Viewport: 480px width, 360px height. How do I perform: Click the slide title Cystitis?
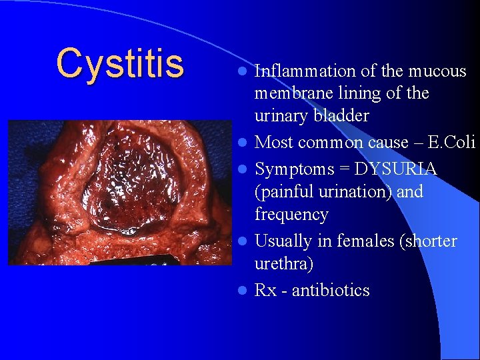point(120,63)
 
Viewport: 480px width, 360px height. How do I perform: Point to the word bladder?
point(341,116)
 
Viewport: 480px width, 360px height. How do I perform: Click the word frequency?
point(291,215)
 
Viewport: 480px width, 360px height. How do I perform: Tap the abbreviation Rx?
point(266,291)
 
